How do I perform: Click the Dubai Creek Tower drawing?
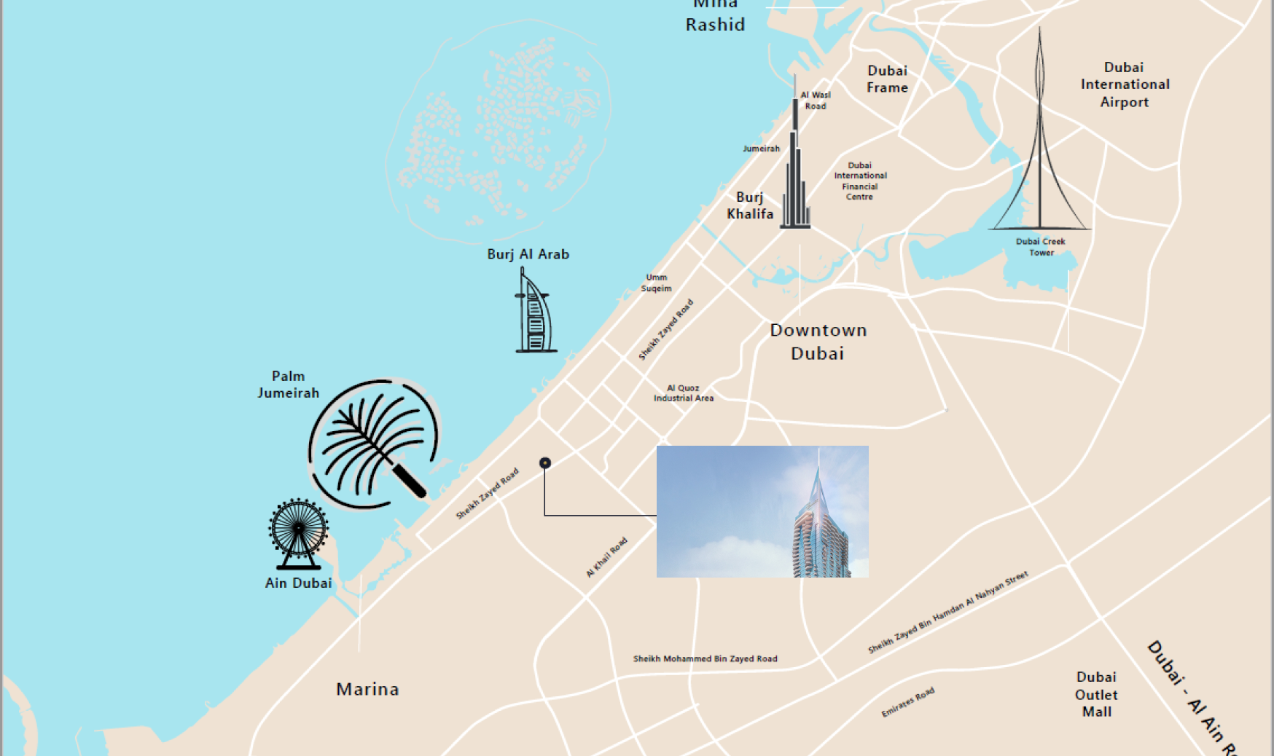pos(1040,146)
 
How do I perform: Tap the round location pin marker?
pos(544,462)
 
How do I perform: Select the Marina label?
pos(367,689)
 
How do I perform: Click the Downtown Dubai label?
pos(818,342)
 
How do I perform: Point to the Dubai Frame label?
pos(887,79)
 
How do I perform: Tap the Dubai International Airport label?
pos(1125,84)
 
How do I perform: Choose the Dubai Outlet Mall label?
pos(1096,694)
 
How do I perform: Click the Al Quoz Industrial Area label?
pos(683,393)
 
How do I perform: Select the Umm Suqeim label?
pos(656,283)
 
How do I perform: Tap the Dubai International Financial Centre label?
pos(860,181)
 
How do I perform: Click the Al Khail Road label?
pos(606,558)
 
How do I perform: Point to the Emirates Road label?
pos(907,702)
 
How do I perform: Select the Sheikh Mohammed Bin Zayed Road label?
pos(705,658)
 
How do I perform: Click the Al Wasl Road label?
pos(815,101)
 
